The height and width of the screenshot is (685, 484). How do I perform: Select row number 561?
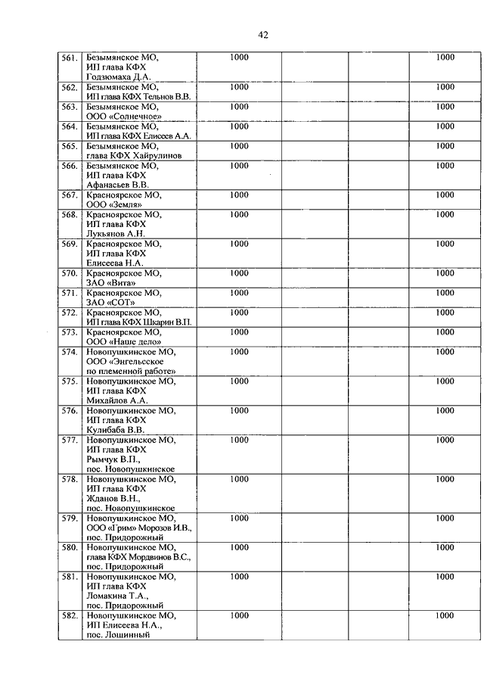tap(70, 58)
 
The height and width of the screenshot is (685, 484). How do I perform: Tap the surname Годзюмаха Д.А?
tap(119, 77)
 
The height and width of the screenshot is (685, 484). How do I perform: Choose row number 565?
tap(70, 146)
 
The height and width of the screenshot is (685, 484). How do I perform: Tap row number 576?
tap(70, 411)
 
